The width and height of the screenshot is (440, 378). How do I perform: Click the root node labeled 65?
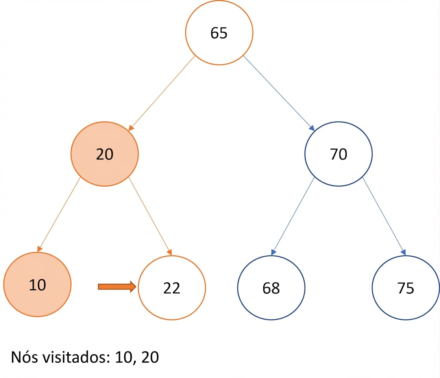tap(219, 33)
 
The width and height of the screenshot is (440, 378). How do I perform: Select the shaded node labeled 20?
tap(104, 154)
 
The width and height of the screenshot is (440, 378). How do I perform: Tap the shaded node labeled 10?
tap(37, 284)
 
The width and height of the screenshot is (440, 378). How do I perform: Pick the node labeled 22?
tap(172, 287)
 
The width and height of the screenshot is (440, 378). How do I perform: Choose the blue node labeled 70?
tap(338, 154)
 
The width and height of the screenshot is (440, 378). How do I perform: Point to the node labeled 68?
tap(271, 287)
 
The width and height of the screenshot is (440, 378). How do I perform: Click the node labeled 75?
tap(406, 287)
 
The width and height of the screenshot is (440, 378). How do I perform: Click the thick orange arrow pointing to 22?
tap(117, 287)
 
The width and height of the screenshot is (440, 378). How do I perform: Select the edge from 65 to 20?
tap(162, 93)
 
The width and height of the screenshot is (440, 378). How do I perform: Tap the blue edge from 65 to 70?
tap(279, 93)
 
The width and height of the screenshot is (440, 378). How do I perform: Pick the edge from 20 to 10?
tap(59, 215)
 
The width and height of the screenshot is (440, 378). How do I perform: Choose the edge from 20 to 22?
tap(150, 216)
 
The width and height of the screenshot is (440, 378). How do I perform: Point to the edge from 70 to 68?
tap(293, 216)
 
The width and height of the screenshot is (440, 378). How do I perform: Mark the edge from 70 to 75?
tap(384, 216)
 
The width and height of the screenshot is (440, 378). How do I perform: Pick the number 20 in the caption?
tap(150, 357)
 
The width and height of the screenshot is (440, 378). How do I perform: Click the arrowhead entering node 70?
tap(312, 128)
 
